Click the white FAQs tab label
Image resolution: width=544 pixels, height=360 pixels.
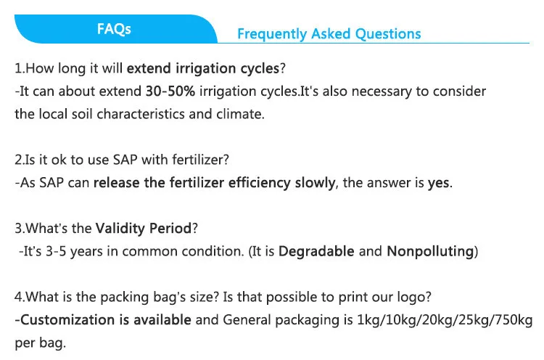[114, 29]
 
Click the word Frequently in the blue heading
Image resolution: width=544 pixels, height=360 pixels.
[272, 34]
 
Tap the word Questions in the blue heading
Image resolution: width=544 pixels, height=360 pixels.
[388, 34]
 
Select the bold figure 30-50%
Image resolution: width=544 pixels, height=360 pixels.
[170, 91]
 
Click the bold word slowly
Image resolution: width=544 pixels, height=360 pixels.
[316, 183]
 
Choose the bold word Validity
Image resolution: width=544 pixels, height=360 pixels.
[120, 229]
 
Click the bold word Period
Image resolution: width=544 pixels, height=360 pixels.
[170, 229]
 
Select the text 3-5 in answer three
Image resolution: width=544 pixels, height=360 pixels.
[56, 251]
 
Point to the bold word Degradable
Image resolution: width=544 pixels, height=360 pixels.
[316, 251]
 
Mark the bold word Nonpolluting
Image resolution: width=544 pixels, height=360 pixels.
[430, 251]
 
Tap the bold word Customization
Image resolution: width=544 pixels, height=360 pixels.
[67, 320]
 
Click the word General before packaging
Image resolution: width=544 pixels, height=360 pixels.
[247, 320]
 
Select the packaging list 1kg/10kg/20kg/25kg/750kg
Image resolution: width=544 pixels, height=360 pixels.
[445, 320]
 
